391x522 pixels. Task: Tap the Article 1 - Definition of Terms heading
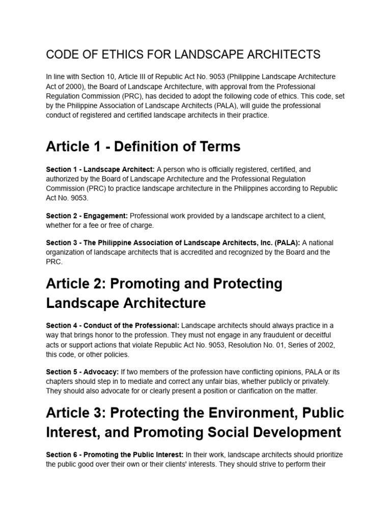coord(143,147)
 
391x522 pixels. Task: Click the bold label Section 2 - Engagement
coord(87,216)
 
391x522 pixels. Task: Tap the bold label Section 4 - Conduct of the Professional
coord(113,325)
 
